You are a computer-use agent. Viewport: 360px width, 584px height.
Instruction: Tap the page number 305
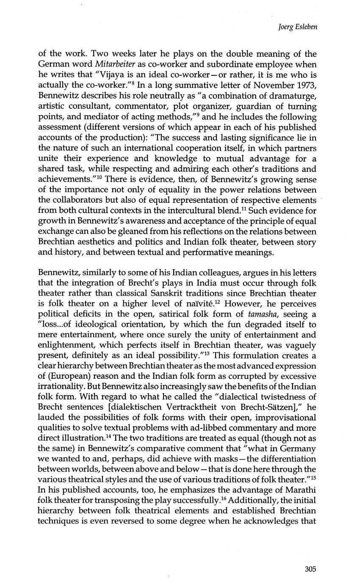(x=310, y=569)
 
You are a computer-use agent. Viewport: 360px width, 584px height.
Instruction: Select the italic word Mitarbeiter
(x=113, y=64)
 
